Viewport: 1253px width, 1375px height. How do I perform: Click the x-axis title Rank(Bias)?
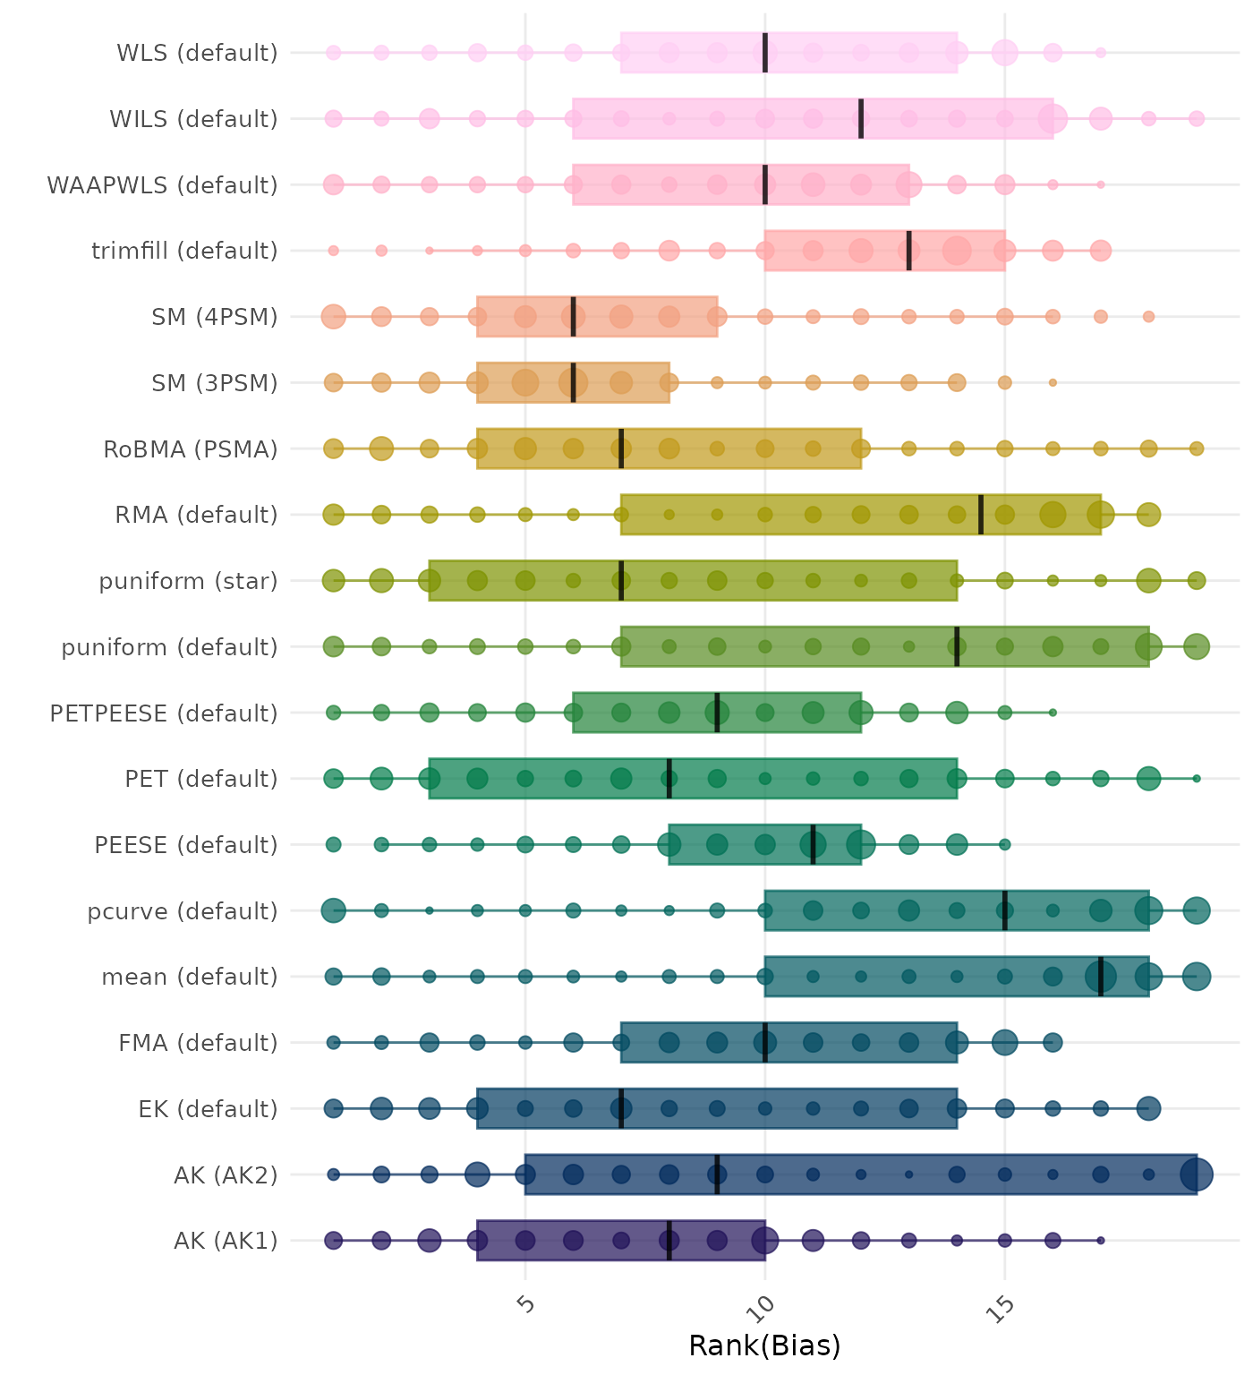764,1345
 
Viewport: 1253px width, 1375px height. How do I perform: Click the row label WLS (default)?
197,53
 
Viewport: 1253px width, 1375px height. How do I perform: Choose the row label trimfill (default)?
184,251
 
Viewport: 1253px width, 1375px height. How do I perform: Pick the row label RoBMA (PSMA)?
191,448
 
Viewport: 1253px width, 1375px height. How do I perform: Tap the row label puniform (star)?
188,581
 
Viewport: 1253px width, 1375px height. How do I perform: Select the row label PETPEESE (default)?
164,713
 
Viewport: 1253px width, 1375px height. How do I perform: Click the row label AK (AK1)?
226,1241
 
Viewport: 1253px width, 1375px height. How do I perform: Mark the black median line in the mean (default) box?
1101,977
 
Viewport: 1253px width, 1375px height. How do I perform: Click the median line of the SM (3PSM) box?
574,383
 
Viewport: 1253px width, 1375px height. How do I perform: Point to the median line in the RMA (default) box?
981,515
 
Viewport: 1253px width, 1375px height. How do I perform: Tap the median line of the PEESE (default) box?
813,844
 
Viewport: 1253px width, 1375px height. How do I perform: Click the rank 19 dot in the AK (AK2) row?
1197,1174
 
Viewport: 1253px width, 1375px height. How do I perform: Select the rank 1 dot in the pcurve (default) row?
334,910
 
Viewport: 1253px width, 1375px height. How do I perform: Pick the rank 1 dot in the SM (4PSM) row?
334,317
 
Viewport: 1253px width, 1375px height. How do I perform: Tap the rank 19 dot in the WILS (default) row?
1197,119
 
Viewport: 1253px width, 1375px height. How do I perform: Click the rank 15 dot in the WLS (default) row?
1005,53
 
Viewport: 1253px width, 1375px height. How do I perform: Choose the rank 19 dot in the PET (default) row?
1197,779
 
